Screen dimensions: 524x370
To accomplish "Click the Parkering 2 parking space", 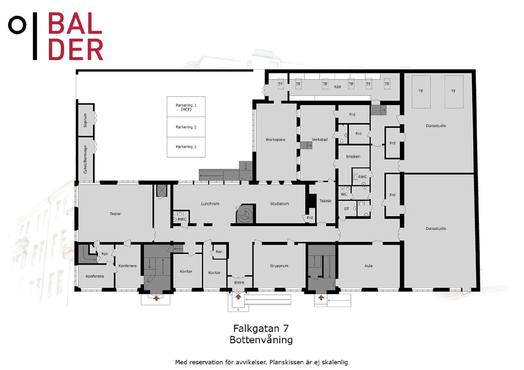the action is pyautogui.click(x=186, y=127).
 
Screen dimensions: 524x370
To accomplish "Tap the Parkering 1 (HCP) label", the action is pyautogui.click(x=186, y=107).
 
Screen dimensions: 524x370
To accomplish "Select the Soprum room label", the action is pyautogui.click(x=85, y=120).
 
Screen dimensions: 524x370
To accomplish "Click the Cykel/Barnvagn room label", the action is pyautogui.click(x=85, y=159).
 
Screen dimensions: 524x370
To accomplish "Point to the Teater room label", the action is pyautogui.click(x=115, y=214).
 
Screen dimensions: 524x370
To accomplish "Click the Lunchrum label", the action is pyautogui.click(x=210, y=204).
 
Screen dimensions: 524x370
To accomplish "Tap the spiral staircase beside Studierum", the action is pyautogui.click(x=245, y=214).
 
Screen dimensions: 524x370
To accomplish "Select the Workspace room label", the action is pyautogui.click(x=275, y=140).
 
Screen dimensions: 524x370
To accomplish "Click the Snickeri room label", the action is pyautogui.click(x=353, y=157).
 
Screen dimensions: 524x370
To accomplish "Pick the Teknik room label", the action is pyautogui.click(x=325, y=201).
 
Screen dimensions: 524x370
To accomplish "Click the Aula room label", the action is pyautogui.click(x=368, y=266).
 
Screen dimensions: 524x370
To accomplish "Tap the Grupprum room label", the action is pyautogui.click(x=279, y=266).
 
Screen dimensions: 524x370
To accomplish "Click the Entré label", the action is pyautogui.click(x=239, y=282).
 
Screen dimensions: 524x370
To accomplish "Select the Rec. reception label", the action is pyautogui.click(x=220, y=252).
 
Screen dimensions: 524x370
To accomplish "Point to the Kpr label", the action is pyautogui.click(x=105, y=254).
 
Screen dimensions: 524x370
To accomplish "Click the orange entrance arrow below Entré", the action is pyautogui.click(x=238, y=297).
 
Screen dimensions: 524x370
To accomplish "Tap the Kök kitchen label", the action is pyautogui.click(x=338, y=87).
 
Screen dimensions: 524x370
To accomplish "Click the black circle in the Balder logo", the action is pyautogui.click(x=17, y=25).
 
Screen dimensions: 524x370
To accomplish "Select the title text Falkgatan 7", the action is pyautogui.click(x=261, y=328).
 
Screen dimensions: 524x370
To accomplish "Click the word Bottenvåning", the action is pyautogui.click(x=261, y=340).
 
